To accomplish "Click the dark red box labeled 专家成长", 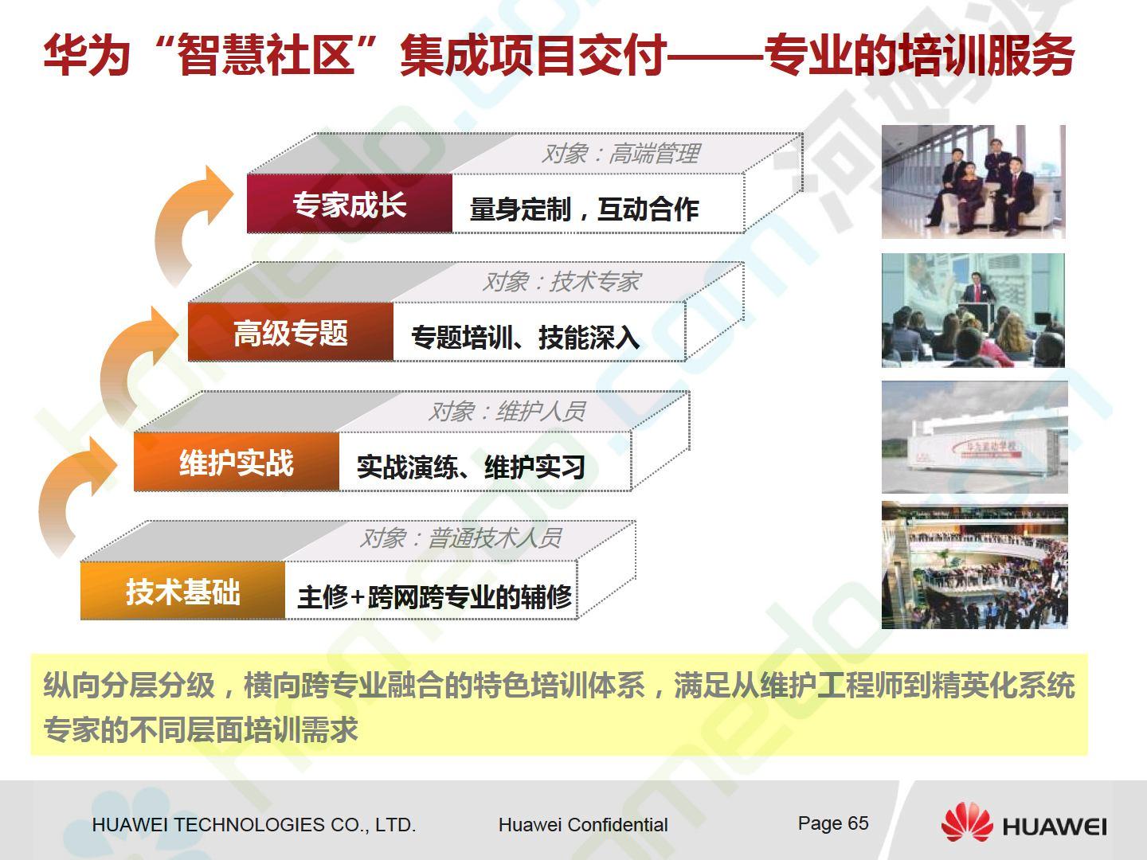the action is click(350, 204).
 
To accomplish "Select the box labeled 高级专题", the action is click(291, 332).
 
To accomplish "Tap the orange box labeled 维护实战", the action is click(237, 462).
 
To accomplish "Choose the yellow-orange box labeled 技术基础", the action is click(183, 591).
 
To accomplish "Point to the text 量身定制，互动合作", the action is click(584, 209).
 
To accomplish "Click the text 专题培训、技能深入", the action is click(525, 338).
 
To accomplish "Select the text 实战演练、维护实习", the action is click(471, 467).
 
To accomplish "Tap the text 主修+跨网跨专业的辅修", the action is click(435, 597).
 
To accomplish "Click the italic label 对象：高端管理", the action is click(620, 154).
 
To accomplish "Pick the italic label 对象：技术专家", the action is click(561, 282).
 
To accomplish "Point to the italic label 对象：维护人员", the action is click(507, 412).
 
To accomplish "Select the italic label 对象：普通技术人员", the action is click(460, 537).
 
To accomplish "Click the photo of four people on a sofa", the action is click(973, 182).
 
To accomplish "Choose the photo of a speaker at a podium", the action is click(973, 311).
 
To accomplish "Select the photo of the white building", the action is click(975, 437).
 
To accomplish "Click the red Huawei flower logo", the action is click(967, 823).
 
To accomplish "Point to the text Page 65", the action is click(833, 823).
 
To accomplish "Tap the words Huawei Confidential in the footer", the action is click(583, 825).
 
